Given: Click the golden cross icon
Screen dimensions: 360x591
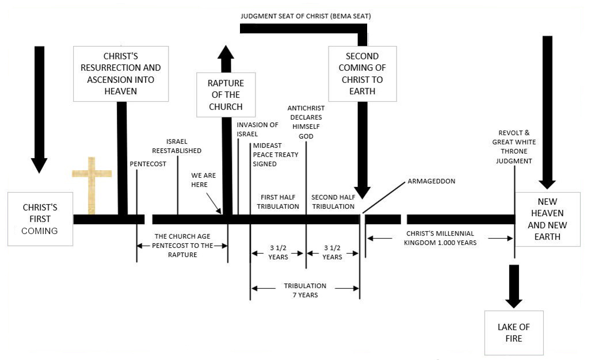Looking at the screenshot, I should tap(91, 184).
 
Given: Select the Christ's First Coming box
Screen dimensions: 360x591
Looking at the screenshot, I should tap(40, 219).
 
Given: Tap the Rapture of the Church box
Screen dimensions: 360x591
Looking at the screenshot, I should tap(226, 95).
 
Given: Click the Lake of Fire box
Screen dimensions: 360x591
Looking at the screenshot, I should tap(513, 332).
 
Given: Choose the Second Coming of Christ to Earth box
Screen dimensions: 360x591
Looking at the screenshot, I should tap(362, 74).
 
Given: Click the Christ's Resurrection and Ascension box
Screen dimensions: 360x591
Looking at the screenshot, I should tap(121, 74).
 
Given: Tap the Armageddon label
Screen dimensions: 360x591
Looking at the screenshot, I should tap(431, 181).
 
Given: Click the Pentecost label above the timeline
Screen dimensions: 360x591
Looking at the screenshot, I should tap(148, 164).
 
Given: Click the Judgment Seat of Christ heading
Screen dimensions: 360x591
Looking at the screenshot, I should tap(306, 16).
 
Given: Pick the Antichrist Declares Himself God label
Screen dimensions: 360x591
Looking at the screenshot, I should tap(306, 121).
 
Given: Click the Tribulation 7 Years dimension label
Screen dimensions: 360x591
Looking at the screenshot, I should tap(305, 290).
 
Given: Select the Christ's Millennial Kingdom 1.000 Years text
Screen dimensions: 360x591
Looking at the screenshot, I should tap(440, 238).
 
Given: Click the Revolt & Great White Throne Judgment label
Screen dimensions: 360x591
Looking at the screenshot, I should tap(512, 146).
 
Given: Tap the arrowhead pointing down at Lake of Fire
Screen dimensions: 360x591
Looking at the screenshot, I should tap(513, 300).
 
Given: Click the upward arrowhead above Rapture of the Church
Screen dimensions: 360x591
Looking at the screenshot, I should tap(226, 54).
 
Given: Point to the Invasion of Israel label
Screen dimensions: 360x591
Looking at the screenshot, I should tap(257, 129).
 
